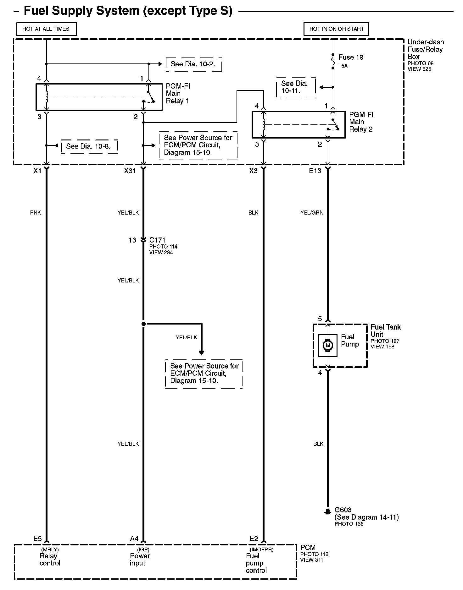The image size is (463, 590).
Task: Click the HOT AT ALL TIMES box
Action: coord(46,29)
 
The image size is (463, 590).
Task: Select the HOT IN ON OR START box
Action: coord(336,29)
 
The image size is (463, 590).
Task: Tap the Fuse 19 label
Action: coord(351,57)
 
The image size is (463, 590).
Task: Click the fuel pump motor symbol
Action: coord(328,346)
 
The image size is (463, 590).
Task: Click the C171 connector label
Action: coord(157,240)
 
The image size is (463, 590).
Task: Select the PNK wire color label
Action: coord(36,213)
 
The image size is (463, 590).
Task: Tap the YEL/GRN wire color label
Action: coord(311,213)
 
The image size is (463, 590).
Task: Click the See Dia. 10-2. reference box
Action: coord(193,64)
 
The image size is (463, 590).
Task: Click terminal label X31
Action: coord(130,171)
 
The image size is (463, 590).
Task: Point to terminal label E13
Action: coord(315,171)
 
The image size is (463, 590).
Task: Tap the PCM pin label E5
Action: coord(37,539)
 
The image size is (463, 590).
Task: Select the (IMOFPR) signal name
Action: coord(261,549)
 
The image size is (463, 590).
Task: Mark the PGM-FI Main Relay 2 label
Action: coord(361,122)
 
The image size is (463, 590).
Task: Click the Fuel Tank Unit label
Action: coord(386,331)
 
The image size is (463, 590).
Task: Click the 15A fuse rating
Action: coord(343,66)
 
